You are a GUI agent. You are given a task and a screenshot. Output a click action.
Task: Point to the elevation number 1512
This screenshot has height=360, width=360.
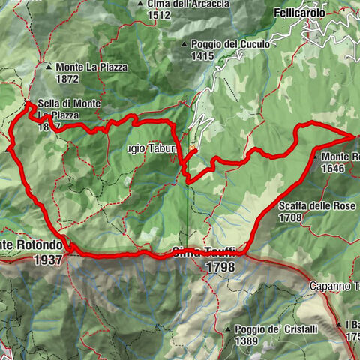(159, 15)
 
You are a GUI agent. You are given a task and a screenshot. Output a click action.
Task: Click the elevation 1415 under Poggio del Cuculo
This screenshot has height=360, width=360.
(202, 55)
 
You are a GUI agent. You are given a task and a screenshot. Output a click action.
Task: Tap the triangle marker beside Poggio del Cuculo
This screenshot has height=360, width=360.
(184, 45)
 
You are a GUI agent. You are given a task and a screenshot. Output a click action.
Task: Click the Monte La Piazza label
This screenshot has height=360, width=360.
(91, 67)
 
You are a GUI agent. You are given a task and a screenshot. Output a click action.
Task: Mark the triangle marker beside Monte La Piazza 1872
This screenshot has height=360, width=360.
(49, 67)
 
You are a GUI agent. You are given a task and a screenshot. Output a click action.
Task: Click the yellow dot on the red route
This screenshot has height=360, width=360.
(193, 150)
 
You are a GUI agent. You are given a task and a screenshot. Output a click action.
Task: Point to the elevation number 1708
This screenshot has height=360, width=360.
(289, 218)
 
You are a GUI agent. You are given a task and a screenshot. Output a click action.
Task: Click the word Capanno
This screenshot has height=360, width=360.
(328, 286)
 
